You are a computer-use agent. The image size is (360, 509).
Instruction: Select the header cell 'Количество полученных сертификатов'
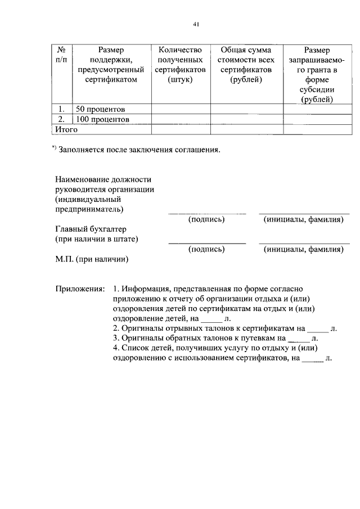(181, 65)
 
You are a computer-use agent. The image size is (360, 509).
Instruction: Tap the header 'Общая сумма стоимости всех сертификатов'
(246, 65)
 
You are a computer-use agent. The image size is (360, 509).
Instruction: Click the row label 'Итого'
(65, 129)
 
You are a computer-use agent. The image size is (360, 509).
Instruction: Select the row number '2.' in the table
(61, 119)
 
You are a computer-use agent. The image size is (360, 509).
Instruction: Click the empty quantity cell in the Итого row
(181, 129)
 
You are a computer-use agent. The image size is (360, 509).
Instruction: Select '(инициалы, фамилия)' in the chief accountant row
(304, 249)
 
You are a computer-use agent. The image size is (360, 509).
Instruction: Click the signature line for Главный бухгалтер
(207, 243)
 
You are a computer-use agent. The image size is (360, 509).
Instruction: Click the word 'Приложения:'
(80, 287)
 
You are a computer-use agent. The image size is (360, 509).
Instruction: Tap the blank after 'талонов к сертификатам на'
(318, 328)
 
